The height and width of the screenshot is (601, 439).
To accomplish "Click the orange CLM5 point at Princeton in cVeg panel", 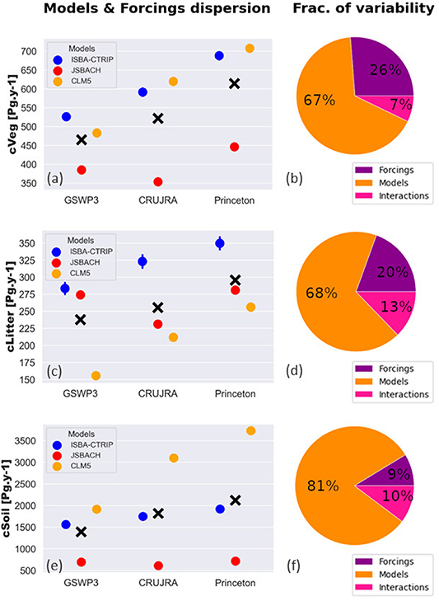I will pos(250,49).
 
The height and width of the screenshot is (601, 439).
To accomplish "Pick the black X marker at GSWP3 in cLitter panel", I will pos(81,319).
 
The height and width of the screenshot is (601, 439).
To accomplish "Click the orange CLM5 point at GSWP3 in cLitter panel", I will pos(96,375).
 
